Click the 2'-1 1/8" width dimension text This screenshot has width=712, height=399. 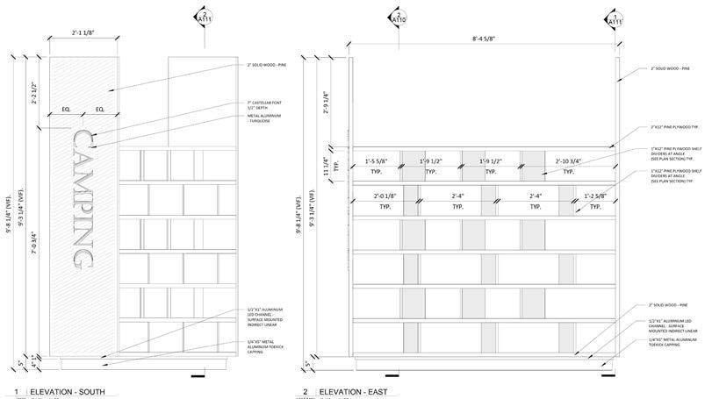click(88, 33)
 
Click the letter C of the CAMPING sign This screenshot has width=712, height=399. click(84, 142)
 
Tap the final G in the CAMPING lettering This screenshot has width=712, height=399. click(84, 257)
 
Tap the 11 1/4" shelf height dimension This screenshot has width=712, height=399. click(326, 164)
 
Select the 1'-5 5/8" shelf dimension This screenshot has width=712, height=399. click(379, 161)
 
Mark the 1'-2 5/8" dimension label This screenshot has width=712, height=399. click(596, 196)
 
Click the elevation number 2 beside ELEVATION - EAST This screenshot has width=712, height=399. click(304, 391)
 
